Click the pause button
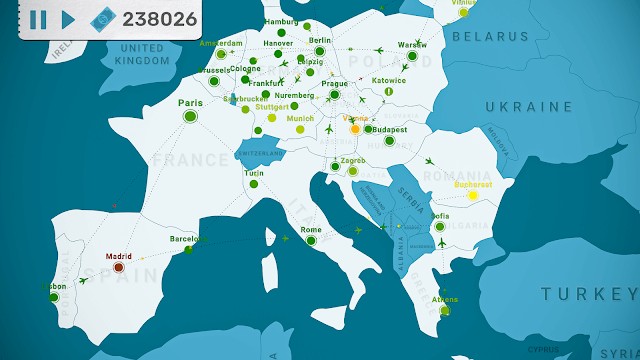tap(38, 19)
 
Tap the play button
tap(68, 19)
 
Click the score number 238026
tap(159, 19)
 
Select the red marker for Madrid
tap(118, 267)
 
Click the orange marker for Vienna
tap(354, 129)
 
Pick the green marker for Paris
tap(190, 117)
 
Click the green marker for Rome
tap(311, 240)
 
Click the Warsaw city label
tap(412, 45)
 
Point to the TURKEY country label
tap(588, 294)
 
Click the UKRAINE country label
tap(529, 106)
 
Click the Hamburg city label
tap(282, 21)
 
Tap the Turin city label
tap(254, 173)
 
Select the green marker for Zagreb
tap(352, 171)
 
